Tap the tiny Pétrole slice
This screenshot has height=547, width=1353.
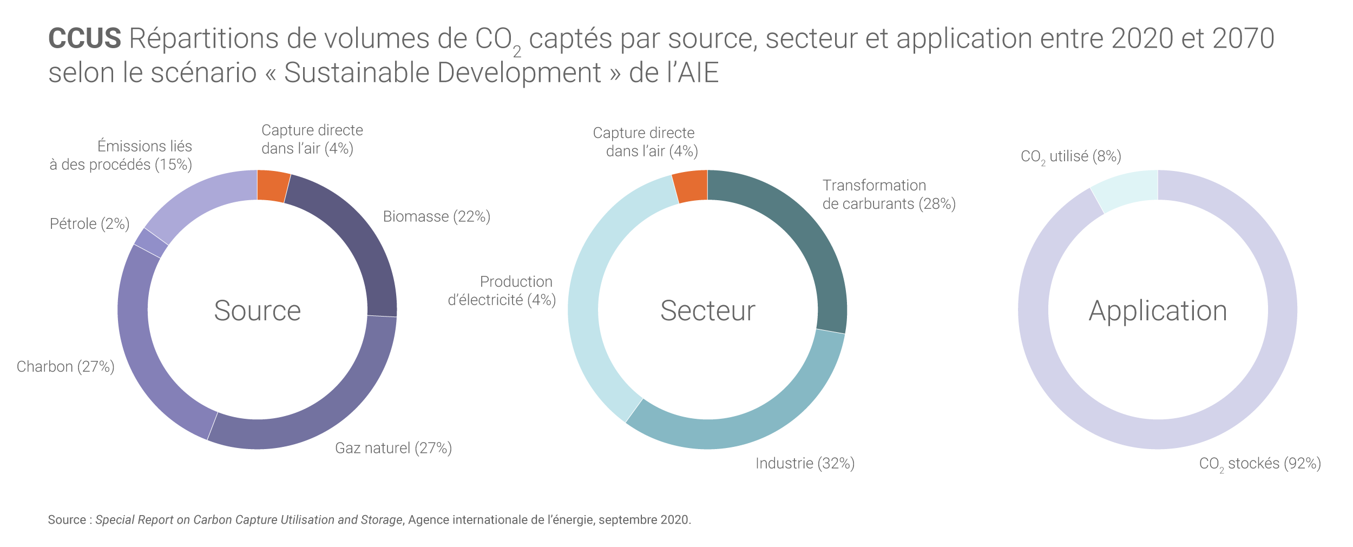pos(151,242)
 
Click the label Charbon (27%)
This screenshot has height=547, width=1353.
pos(65,367)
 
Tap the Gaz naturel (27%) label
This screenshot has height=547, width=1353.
pos(393,448)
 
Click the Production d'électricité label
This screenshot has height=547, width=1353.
pos(502,291)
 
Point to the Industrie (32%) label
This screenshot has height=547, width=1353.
pos(805,463)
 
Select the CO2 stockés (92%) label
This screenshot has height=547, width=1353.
pos(1260,464)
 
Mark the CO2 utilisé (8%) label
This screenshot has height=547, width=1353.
pos(1070,156)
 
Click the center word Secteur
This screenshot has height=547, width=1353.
pos(707,311)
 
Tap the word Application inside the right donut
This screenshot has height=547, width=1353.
pos(1158,311)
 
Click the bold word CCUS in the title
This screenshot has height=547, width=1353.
pos(84,38)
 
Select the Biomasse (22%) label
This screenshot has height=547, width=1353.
pos(436,216)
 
